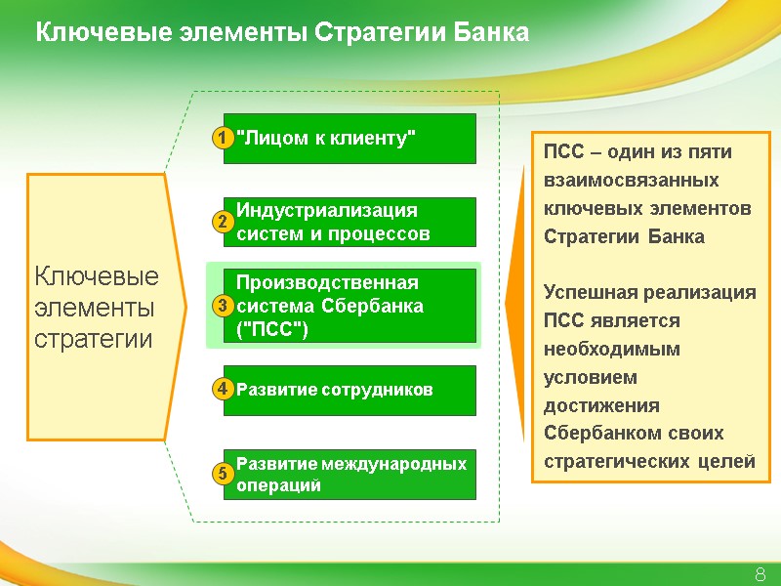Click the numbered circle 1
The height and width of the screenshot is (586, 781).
point(223,139)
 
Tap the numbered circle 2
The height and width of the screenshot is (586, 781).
point(223,223)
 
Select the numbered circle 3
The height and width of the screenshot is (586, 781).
point(223,308)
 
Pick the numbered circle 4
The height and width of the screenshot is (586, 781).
point(223,390)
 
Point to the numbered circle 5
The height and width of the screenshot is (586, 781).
point(223,475)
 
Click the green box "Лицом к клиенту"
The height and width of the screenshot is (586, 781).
point(349,139)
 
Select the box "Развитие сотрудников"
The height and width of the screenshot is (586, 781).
point(349,391)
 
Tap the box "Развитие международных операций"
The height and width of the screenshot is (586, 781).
point(349,475)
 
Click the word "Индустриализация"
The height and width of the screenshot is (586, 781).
point(327,211)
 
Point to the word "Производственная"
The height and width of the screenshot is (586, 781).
point(327,283)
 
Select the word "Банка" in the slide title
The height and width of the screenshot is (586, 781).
point(492,33)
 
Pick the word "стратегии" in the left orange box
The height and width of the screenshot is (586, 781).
point(94,340)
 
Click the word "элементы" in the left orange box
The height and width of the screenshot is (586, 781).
point(94,308)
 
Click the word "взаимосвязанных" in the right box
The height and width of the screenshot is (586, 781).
point(631,181)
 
